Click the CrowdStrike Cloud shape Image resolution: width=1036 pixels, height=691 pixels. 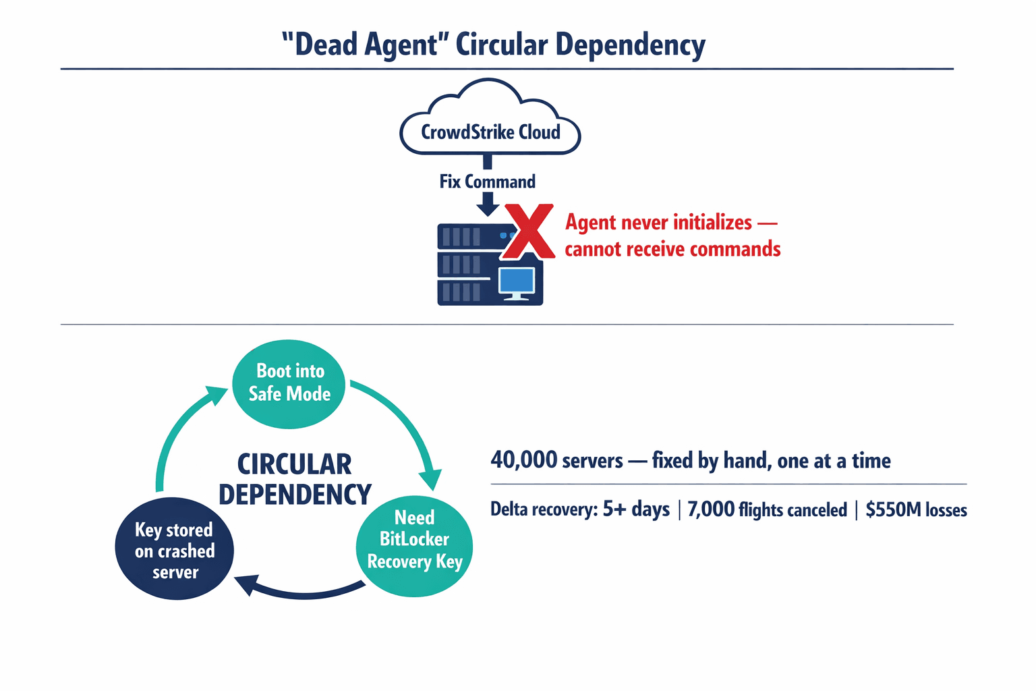pos(490,121)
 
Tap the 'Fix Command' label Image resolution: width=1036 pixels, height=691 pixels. pos(487,182)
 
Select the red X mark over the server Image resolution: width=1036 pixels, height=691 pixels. pos(530,231)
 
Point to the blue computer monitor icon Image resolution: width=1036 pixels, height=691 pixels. pos(517,282)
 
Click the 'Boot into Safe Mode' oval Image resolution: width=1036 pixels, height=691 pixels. pos(289,383)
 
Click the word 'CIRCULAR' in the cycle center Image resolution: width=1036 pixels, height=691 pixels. pos(294,465)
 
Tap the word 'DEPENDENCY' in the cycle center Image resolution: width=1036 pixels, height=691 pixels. pos(295,495)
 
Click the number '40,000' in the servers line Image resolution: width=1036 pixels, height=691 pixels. pos(523,460)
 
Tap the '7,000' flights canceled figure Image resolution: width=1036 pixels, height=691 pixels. pos(711,509)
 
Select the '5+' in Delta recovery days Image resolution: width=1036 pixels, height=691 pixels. pos(614,509)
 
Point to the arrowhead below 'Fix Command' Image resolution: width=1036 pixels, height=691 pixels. pos(487,205)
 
